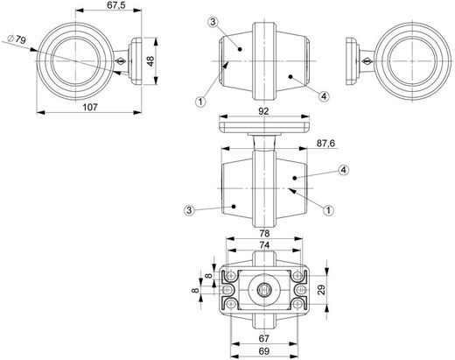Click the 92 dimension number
(x=263, y=112)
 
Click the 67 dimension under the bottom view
(x=263, y=338)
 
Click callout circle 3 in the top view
(x=213, y=21)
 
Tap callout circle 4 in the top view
(x=324, y=96)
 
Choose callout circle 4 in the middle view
(x=343, y=169)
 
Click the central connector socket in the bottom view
(x=263, y=289)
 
